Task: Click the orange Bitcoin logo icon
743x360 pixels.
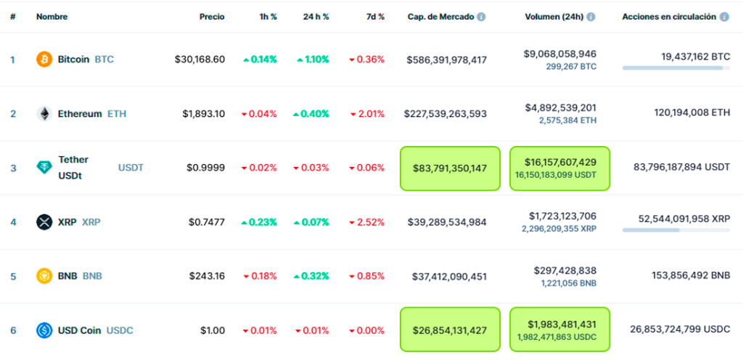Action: click(x=44, y=60)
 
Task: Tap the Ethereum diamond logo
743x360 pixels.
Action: click(x=44, y=114)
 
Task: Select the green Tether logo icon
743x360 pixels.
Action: click(x=44, y=168)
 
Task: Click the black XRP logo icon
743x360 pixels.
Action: click(x=44, y=222)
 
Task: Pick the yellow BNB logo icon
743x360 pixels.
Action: click(x=44, y=276)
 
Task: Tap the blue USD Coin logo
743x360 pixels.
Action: click(x=44, y=330)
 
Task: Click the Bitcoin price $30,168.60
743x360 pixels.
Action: click(x=200, y=60)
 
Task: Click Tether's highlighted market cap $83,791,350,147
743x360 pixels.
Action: click(x=450, y=168)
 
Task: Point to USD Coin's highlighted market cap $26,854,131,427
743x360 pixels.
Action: click(x=450, y=330)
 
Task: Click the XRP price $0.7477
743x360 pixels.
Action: click(x=205, y=222)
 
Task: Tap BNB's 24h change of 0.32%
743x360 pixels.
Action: click(x=313, y=276)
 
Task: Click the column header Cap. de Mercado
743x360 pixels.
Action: click(x=440, y=16)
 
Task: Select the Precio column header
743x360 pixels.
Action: click(x=212, y=16)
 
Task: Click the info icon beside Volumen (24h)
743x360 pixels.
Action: click(x=591, y=16)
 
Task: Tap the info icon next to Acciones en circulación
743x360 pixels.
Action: click(x=723, y=16)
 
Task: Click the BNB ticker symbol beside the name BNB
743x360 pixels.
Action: click(x=92, y=276)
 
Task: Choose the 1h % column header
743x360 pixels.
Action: click(x=268, y=16)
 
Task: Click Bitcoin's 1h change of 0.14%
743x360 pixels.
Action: click(x=260, y=60)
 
